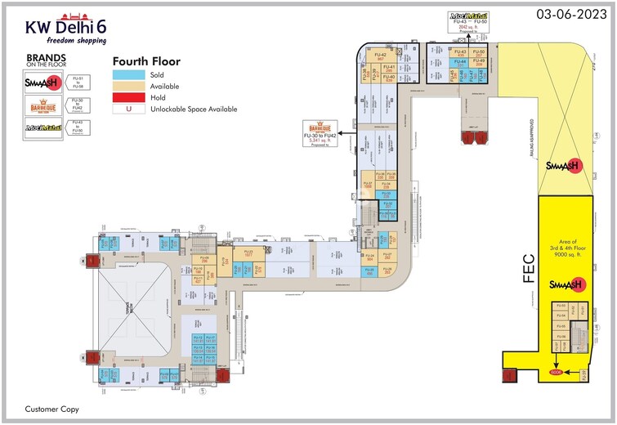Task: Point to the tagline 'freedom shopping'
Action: (x=76, y=41)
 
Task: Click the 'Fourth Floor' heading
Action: (x=146, y=61)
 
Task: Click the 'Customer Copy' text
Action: (x=51, y=408)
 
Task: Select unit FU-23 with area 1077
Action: (x=248, y=253)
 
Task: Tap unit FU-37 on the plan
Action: (x=368, y=184)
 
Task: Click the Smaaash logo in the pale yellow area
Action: (x=562, y=165)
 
